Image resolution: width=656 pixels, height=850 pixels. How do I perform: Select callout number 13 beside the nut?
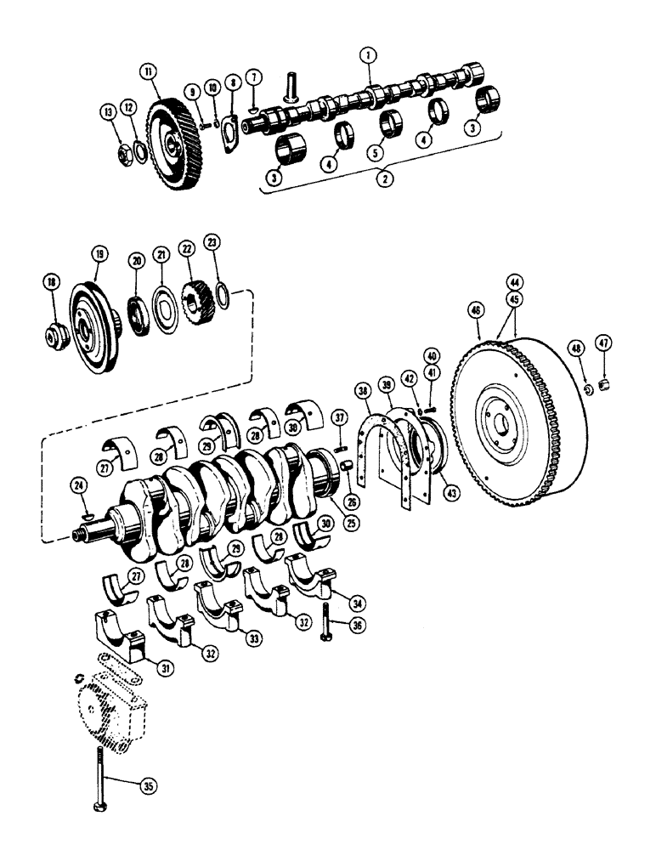coord(109,111)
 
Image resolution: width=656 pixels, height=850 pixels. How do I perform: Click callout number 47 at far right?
coord(602,343)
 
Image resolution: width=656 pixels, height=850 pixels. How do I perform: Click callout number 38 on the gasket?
coord(364,392)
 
